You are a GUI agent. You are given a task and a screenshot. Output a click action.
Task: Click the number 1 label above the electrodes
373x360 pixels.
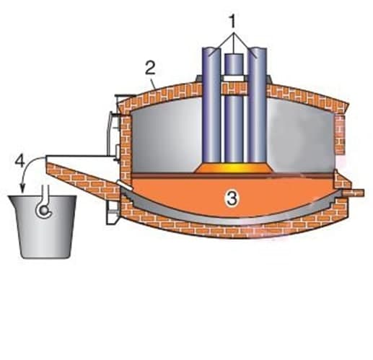(232, 22)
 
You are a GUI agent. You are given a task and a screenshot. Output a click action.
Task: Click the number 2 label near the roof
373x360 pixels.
(150, 68)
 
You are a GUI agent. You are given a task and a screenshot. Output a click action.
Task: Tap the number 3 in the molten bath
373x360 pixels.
(232, 198)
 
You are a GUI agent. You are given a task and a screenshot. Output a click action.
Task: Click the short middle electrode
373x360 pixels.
(234, 107)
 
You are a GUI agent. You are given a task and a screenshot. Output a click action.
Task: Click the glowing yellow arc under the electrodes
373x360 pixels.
(234, 167)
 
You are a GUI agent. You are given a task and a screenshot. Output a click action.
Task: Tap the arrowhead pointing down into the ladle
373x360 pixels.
(23, 189)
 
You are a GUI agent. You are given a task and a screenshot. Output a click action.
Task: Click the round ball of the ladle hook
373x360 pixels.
(44, 211)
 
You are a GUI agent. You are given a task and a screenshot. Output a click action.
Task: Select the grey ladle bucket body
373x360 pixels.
(43, 227)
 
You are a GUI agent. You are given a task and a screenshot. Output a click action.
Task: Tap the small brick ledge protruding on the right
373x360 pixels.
(353, 193)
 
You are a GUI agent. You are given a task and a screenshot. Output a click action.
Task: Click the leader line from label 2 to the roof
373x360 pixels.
(154, 82)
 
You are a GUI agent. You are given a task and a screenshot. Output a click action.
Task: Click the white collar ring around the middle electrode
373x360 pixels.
(234, 79)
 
